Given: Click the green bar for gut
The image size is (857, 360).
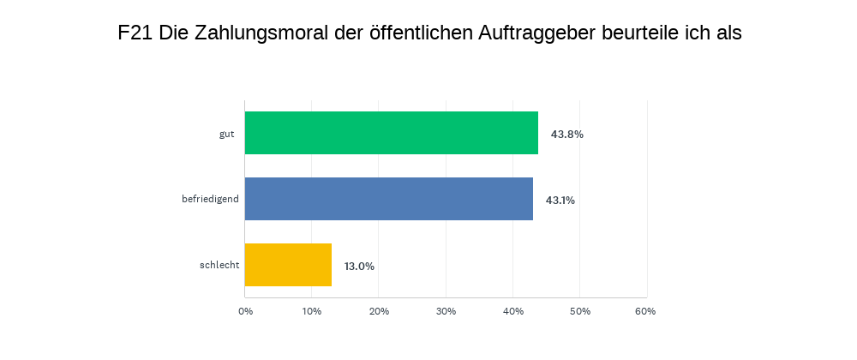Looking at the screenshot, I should click(392, 133).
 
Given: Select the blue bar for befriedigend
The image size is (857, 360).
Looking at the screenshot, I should click(389, 199).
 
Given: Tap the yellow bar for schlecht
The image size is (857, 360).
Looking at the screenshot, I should click(288, 265).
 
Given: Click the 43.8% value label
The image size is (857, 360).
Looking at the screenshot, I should click(567, 134).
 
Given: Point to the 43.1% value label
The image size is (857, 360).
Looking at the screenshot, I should click(560, 200).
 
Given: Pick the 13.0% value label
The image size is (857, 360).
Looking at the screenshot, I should click(359, 266).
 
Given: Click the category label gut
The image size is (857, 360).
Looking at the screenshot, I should click(227, 134).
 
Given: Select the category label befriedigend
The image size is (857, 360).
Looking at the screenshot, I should click(210, 200).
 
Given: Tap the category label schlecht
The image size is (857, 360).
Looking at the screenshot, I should click(219, 266).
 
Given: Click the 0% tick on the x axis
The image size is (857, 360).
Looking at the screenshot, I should click(245, 311).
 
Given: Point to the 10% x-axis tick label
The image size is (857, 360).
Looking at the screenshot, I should click(312, 311).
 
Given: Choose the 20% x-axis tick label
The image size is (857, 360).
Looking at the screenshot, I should click(379, 311).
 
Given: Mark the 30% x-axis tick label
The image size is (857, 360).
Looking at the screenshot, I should click(446, 311).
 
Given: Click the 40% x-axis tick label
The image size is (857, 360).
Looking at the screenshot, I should click(512, 311).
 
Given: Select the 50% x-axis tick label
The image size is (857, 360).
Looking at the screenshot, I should click(579, 311).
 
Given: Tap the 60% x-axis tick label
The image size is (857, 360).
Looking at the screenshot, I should click(645, 311).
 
